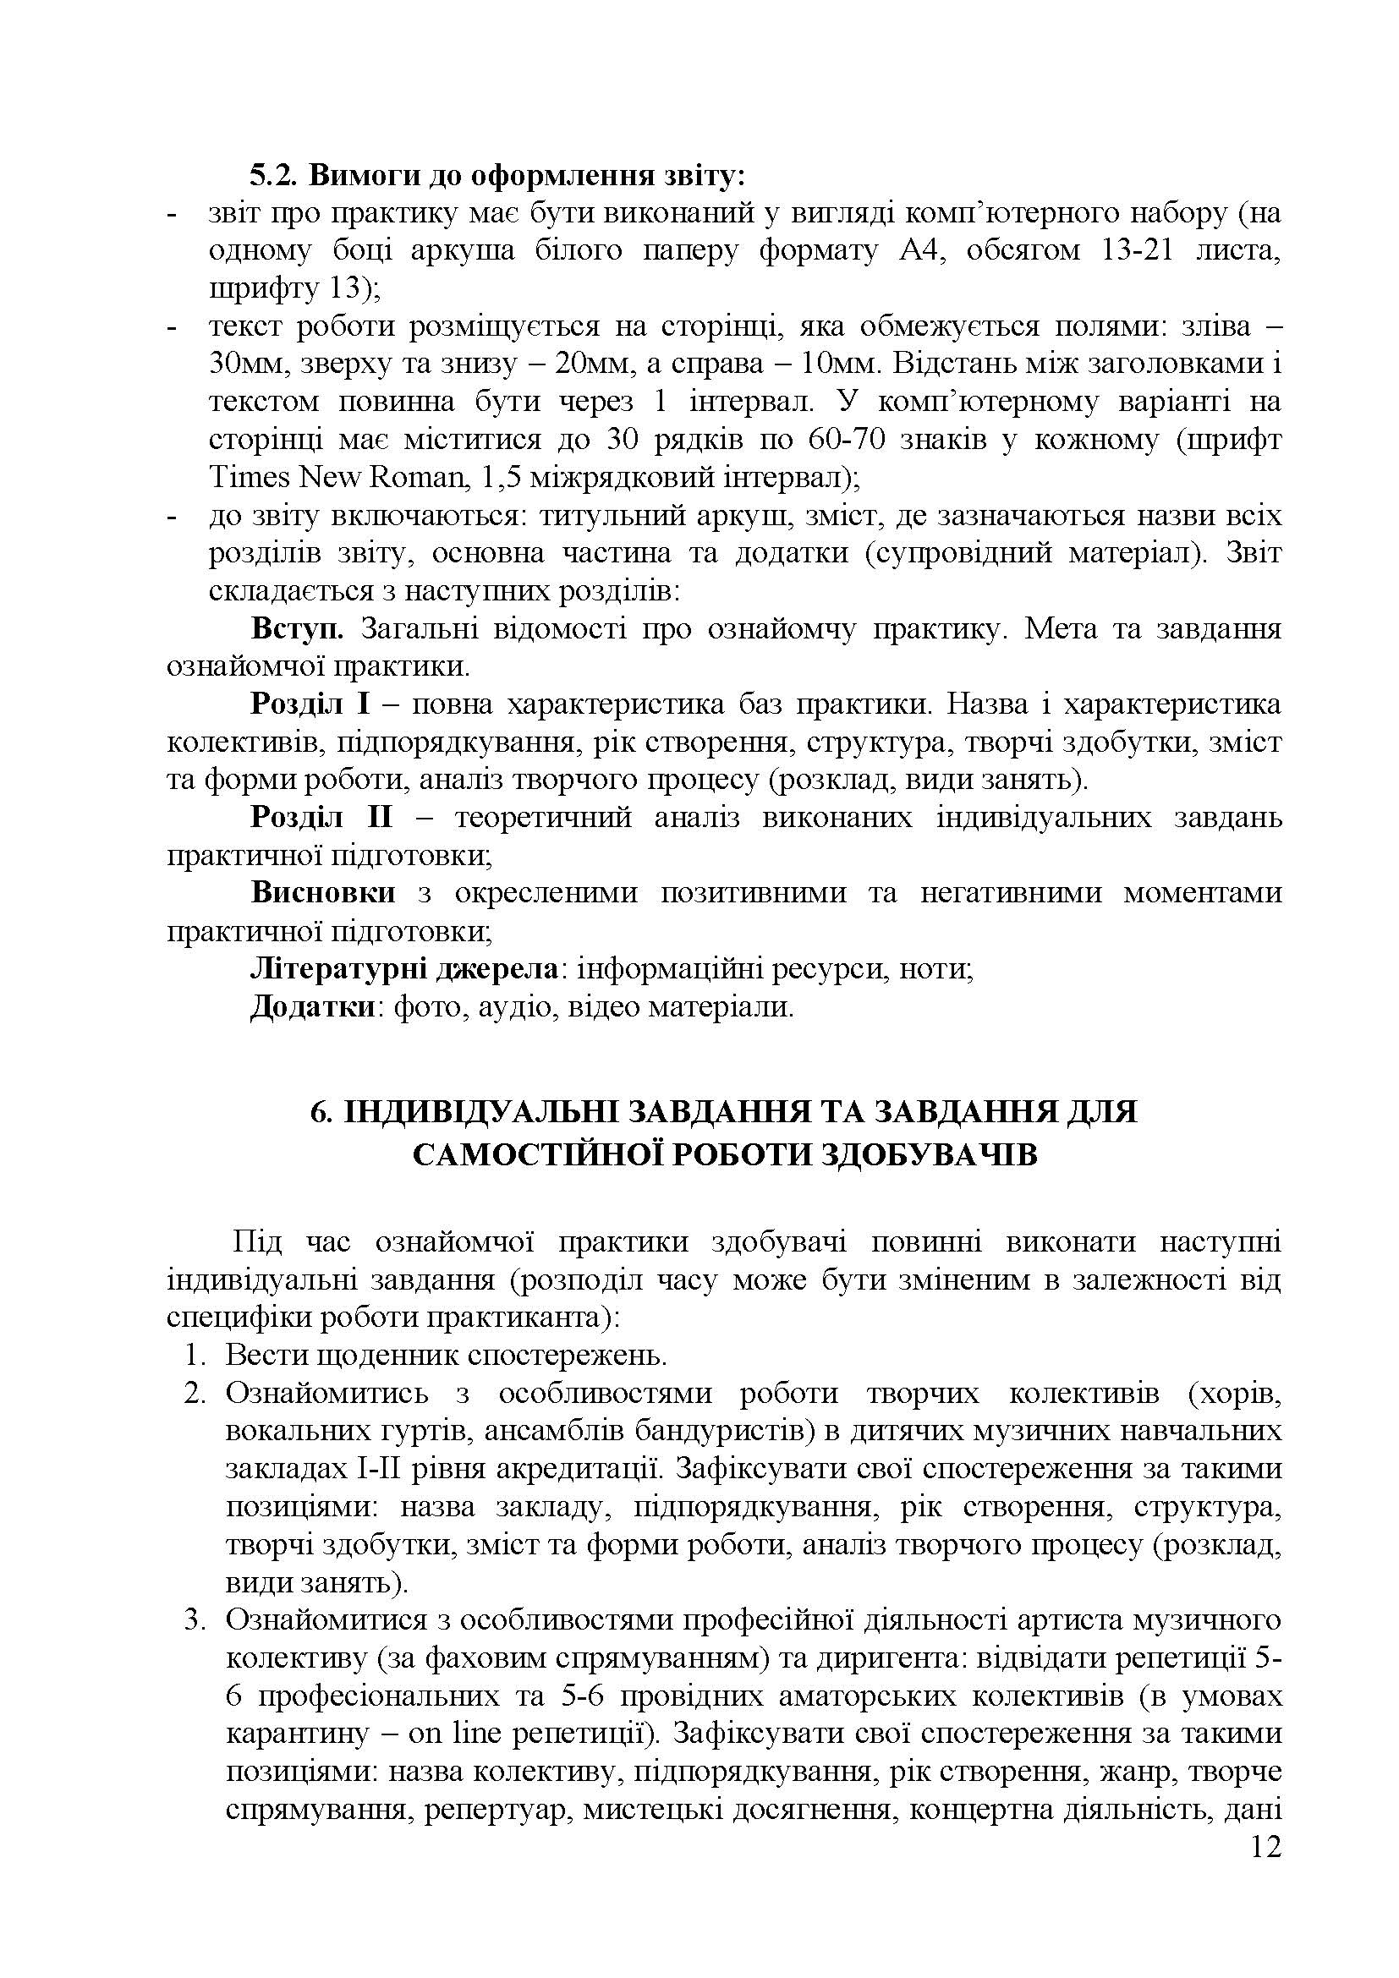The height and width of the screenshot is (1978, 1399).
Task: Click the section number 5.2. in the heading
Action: [x=275, y=175]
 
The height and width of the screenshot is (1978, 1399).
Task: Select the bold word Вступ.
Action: [x=297, y=629]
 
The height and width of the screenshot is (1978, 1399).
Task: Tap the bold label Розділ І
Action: [x=310, y=704]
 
